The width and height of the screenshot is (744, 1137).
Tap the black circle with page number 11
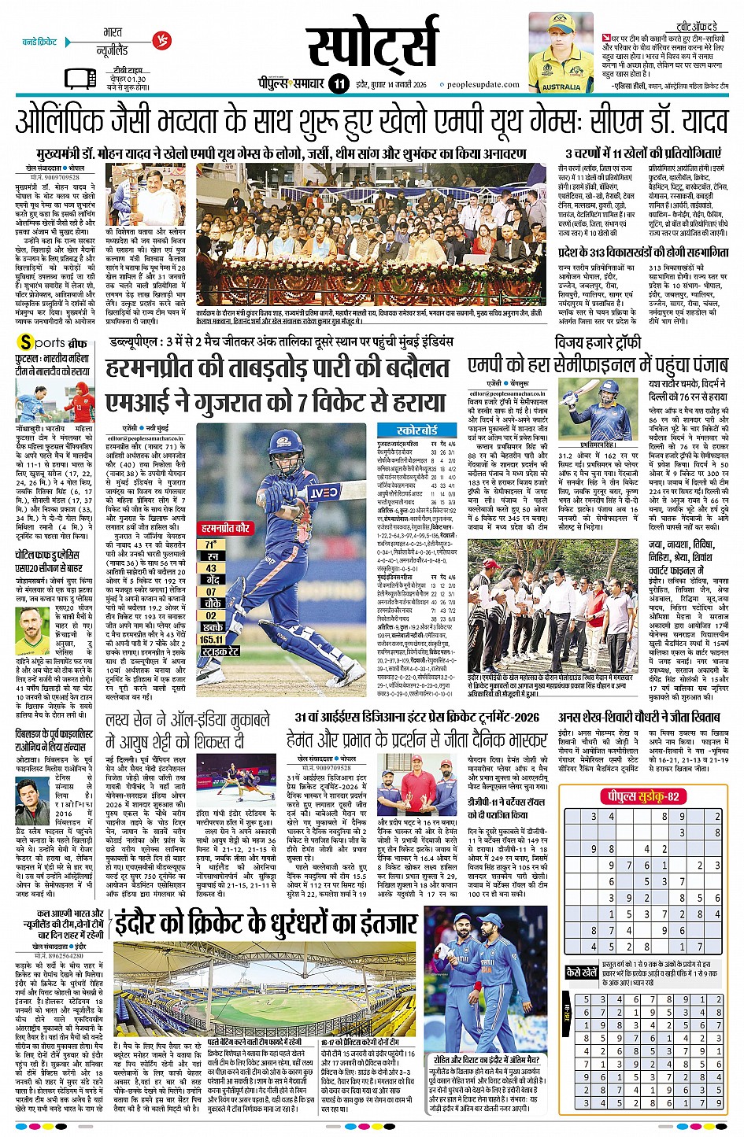(x=339, y=83)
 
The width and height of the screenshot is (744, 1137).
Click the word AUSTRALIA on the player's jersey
(x=561, y=87)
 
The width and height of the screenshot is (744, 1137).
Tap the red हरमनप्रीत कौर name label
(x=225, y=528)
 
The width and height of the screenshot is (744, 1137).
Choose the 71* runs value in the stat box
(x=210, y=544)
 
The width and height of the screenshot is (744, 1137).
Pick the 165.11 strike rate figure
(x=212, y=640)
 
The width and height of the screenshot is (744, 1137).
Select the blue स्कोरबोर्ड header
(x=417, y=430)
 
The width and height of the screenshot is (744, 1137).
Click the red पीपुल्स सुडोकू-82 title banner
(x=642, y=796)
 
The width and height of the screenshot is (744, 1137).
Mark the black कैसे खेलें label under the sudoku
(x=582, y=973)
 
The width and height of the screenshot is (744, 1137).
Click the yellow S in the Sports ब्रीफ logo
(x=26, y=343)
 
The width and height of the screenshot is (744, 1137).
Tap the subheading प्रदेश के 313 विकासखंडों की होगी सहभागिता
(x=642, y=253)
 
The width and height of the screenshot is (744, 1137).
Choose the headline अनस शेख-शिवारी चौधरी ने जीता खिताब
(x=639, y=718)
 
